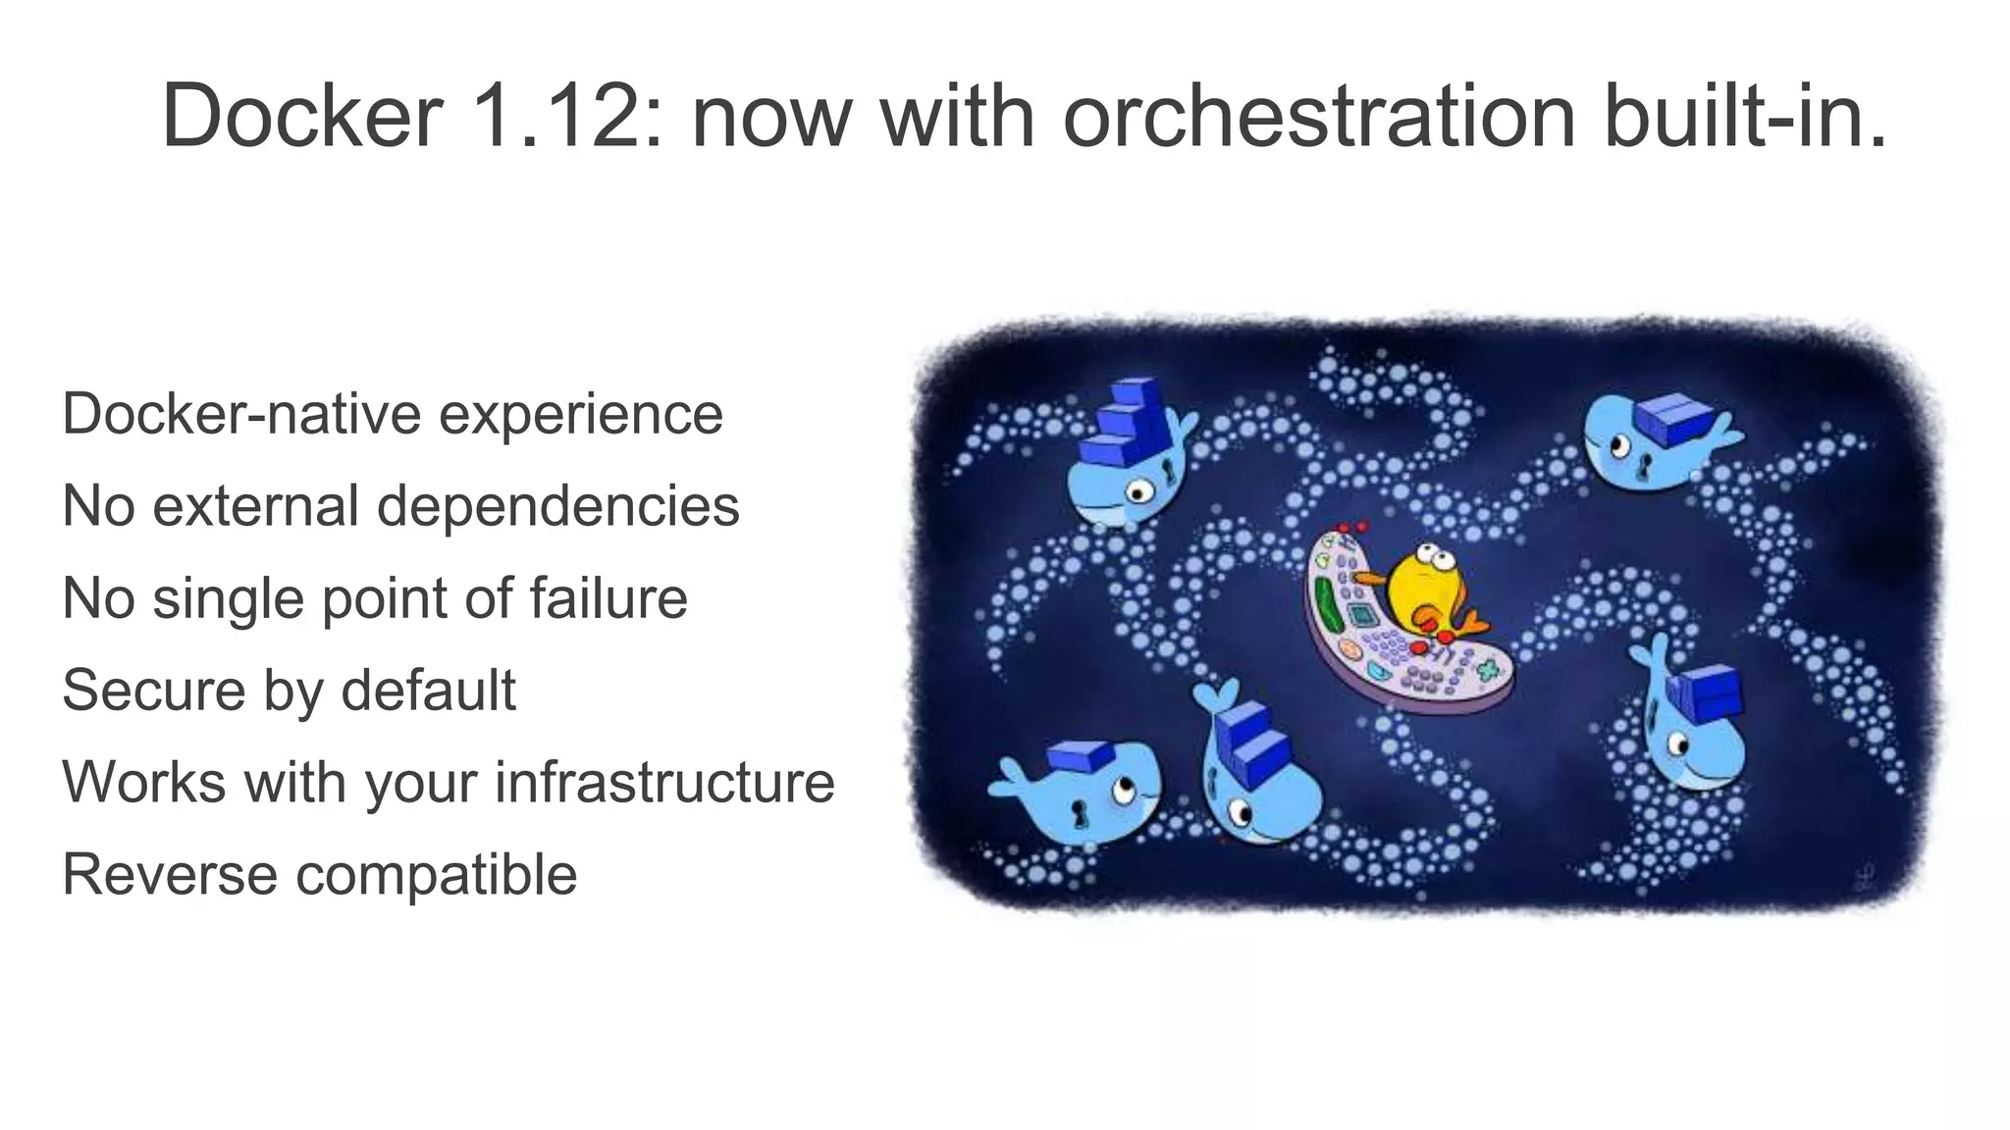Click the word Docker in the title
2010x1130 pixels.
[302, 116]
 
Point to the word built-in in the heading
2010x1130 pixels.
[1745, 116]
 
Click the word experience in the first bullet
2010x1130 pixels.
[580, 415]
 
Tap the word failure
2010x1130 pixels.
[608, 598]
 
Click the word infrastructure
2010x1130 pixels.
[664, 783]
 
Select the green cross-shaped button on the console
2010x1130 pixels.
[1489, 671]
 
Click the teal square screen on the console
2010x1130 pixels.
[1360, 616]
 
